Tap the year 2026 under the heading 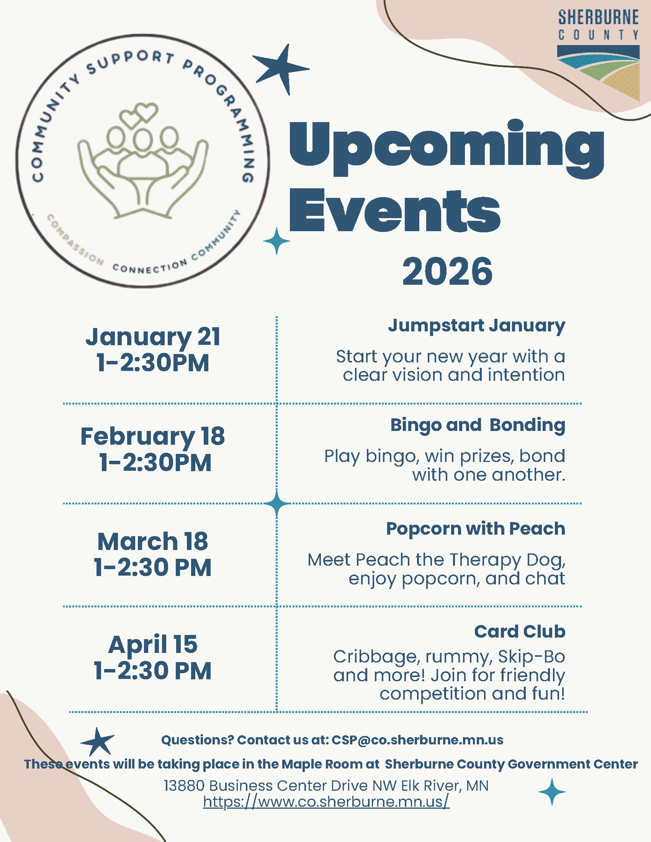447,271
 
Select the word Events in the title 395,211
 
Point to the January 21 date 153,336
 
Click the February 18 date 153,436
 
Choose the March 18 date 153,541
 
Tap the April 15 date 153,644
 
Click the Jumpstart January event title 477,326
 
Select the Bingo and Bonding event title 478,425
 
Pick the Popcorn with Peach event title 476,529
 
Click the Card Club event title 520,631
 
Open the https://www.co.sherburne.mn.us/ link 326,801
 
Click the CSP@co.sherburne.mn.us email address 418,740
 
